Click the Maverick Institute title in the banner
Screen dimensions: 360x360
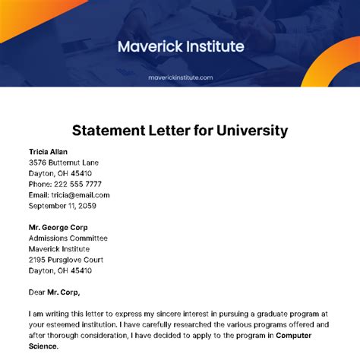click(x=181, y=46)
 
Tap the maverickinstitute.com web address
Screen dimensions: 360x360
click(x=181, y=77)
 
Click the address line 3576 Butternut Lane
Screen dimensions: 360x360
click(x=63, y=163)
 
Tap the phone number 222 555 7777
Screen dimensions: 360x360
click(x=81, y=184)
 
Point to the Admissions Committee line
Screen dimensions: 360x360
click(x=68, y=238)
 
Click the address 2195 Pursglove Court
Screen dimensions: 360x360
click(x=67, y=260)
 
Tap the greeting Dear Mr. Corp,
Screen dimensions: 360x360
click(x=54, y=292)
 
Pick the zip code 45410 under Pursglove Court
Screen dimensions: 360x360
click(x=80, y=270)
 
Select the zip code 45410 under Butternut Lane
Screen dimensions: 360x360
click(x=80, y=173)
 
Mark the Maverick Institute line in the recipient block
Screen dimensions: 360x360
click(x=59, y=248)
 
